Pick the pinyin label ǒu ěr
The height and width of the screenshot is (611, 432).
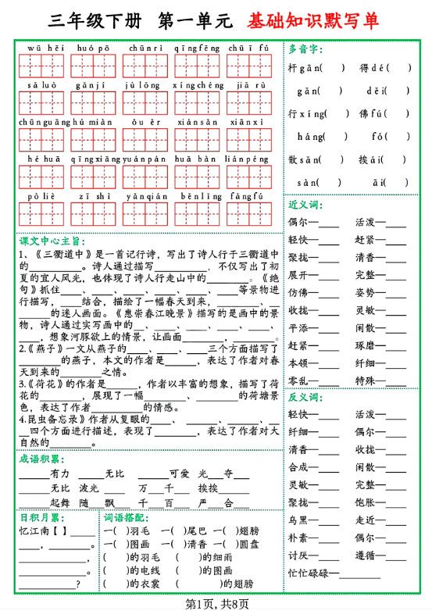pos(144,122)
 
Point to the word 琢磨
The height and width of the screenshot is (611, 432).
pos(365,345)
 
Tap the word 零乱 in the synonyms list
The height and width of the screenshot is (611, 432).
pos(298,381)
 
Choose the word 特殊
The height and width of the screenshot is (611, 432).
pos(365,381)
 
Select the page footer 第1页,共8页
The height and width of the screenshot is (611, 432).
pos(216,602)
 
